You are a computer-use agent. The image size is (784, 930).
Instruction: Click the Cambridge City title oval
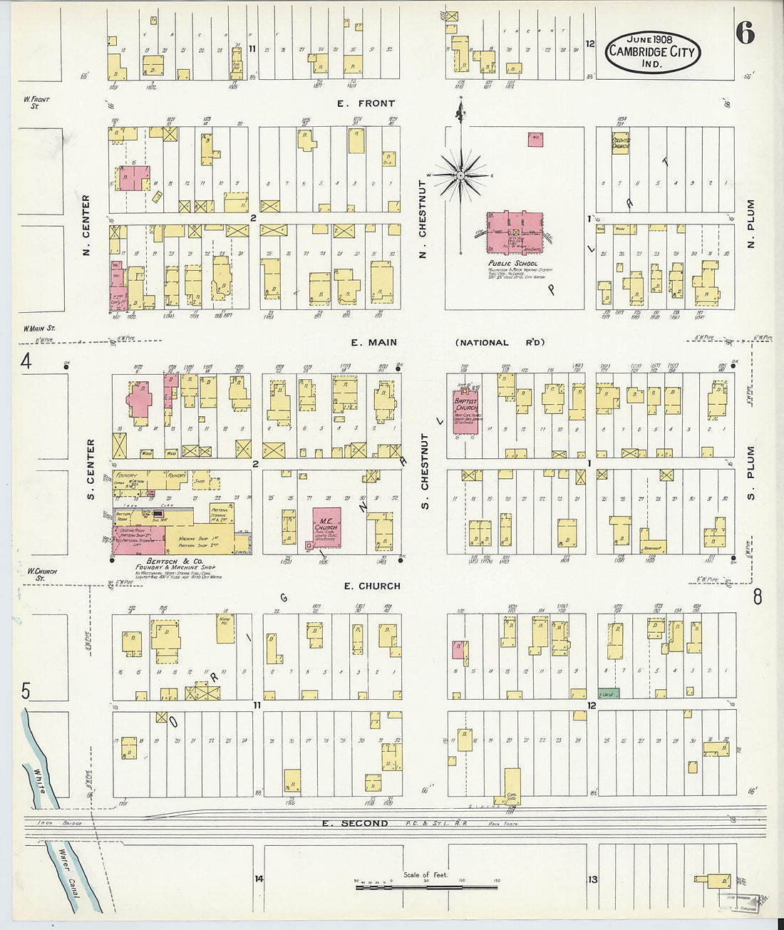(652, 51)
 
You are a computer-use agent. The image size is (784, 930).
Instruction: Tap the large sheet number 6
(745, 33)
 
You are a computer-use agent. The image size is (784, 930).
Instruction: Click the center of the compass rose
(460, 174)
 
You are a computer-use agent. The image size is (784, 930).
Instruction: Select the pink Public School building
(515, 232)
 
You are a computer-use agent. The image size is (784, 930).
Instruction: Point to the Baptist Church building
(465, 413)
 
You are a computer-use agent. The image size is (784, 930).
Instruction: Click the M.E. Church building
(326, 528)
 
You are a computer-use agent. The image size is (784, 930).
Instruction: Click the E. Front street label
(366, 104)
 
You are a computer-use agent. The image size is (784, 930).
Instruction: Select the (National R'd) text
(500, 343)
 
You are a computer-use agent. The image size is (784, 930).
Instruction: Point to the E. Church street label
(371, 586)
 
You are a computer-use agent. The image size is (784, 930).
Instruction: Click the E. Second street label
(354, 823)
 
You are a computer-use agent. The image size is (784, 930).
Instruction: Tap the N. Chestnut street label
(423, 219)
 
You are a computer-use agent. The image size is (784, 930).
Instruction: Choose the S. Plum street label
(751, 472)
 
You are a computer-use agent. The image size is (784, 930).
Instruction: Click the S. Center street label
(91, 468)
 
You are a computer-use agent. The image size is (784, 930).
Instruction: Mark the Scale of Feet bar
(426, 887)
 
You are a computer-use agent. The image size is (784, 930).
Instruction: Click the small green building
(608, 693)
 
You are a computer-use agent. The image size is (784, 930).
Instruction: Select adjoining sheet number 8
(757, 596)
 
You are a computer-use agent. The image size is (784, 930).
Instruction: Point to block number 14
(259, 879)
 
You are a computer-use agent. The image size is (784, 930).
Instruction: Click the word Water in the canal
(68, 864)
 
